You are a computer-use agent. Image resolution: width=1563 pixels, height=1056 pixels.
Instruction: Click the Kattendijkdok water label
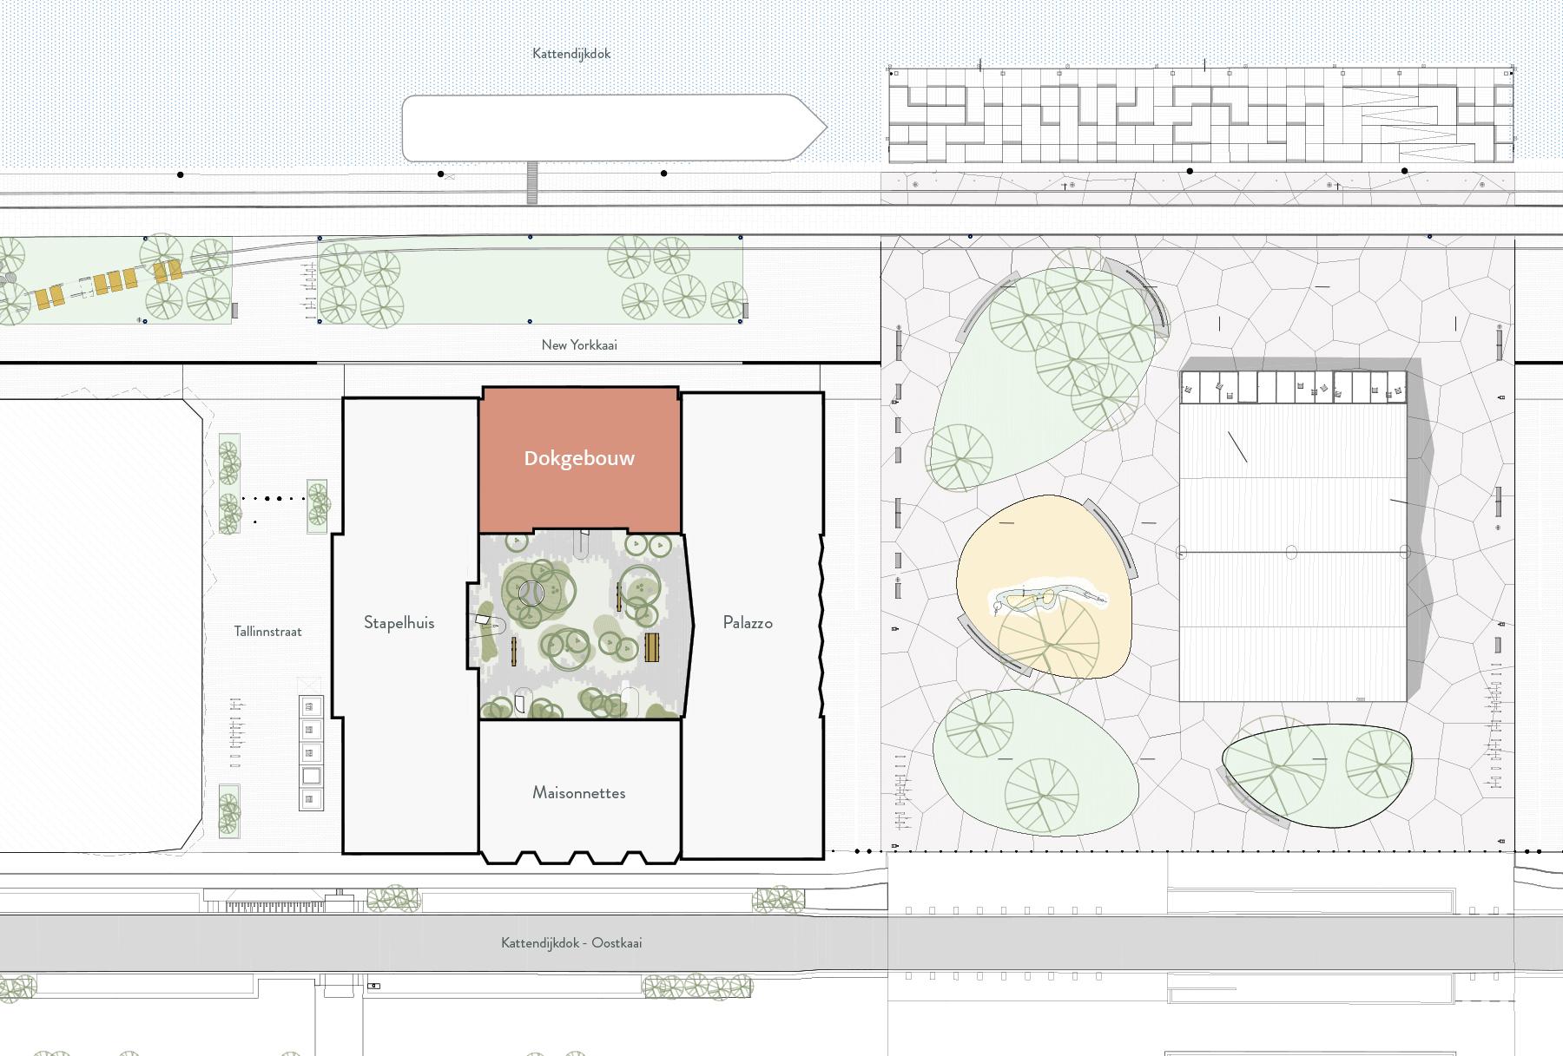(x=571, y=54)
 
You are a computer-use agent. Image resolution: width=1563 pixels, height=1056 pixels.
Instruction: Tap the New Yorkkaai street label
(x=579, y=344)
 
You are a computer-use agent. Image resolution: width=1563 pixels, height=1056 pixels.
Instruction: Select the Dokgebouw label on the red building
(x=579, y=458)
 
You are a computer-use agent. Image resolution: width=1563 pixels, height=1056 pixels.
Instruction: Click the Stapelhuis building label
(x=399, y=622)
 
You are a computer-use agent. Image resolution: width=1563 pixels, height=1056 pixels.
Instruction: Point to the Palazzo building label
(x=748, y=622)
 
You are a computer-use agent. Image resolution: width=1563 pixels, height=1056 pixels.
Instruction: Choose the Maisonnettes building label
(x=579, y=792)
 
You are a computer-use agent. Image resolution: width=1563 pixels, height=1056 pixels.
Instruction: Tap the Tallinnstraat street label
(x=267, y=631)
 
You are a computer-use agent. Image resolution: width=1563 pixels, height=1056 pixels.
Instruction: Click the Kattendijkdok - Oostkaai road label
(x=571, y=942)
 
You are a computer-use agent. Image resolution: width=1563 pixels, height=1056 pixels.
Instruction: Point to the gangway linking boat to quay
(x=532, y=183)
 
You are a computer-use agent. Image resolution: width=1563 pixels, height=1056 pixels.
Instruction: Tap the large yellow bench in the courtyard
(x=652, y=646)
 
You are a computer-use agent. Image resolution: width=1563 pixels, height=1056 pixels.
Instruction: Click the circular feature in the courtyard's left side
(x=531, y=594)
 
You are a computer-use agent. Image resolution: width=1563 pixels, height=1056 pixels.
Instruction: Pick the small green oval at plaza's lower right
(x=1316, y=775)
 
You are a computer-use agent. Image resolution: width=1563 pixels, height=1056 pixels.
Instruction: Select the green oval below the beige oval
(x=1035, y=762)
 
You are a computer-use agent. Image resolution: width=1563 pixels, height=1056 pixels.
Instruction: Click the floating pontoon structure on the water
(x=1201, y=115)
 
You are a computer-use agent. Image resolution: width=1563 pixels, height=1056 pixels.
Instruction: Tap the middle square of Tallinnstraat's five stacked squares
(x=311, y=752)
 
